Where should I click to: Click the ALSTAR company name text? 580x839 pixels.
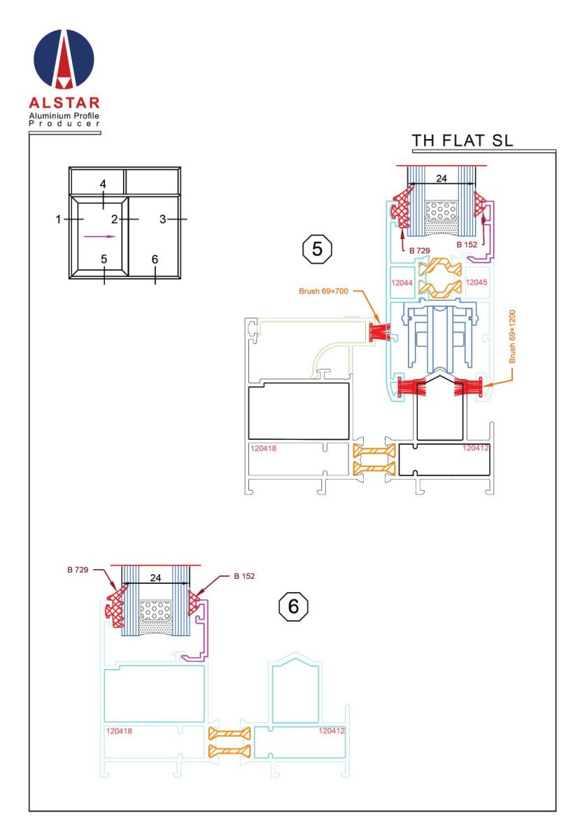(x=64, y=103)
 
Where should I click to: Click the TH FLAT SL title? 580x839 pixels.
(x=462, y=141)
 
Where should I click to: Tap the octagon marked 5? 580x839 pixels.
(x=317, y=249)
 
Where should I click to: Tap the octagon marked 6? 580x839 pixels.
(x=294, y=606)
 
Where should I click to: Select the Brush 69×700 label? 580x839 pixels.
(x=323, y=291)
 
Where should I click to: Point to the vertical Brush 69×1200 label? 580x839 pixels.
(x=512, y=336)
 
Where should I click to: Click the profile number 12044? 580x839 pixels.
(x=402, y=282)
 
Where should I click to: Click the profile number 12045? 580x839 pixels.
(x=476, y=282)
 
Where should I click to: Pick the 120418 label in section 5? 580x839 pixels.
(x=263, y=448)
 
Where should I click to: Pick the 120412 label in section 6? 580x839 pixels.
(x=332, y=731)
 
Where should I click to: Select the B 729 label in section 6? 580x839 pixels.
(x=78, y=570)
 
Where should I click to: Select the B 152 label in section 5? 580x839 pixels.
(x=467, y=245)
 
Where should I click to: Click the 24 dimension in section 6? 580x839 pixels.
(x=155, y=578)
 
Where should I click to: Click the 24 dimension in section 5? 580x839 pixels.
(x=441, y=178)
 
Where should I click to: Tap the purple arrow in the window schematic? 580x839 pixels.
(x=100, y=236)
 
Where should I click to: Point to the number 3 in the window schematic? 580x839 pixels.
(x=162, y=219)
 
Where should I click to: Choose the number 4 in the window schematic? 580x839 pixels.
(x=103, y=184)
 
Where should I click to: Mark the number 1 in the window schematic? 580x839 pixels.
(x=58, y=219)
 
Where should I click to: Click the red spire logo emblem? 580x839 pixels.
(x=64, y=59)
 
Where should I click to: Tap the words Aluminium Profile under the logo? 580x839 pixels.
(x=64, y=116)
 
